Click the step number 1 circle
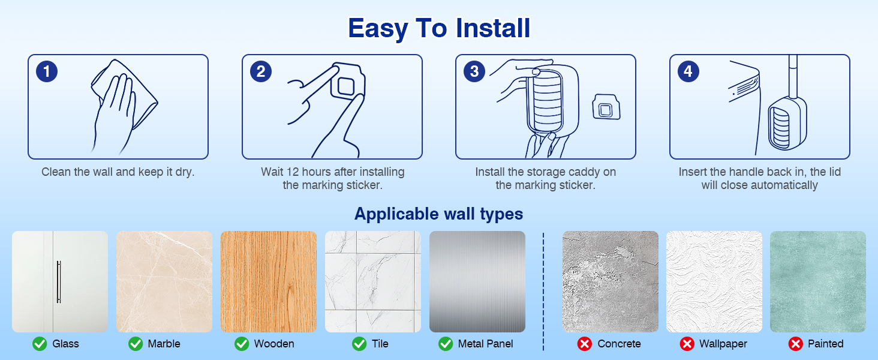[47, 71]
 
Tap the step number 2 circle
[261, 71]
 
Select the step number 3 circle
[474, 71]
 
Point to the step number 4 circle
[688, 71]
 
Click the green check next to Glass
[40, 344]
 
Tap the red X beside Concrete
[584, 344]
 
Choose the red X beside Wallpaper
[687, 344]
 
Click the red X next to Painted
[795, 344]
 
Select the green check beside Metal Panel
[445, 344]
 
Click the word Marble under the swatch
[164, 344]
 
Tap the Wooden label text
[274, 344]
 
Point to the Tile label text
[380, 344]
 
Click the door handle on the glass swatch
[59, 281]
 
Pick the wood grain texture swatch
[269, 281]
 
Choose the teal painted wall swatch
[818, 281]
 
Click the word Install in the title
[493, 28]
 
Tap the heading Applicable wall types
[438, 214]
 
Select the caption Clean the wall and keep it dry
[118, 172]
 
